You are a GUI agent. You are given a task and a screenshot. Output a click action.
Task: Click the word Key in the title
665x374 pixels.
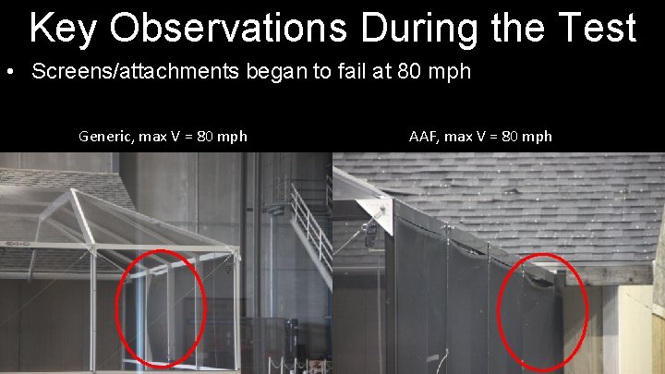point(64,28)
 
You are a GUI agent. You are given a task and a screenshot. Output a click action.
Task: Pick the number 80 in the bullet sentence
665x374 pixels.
point(413,72)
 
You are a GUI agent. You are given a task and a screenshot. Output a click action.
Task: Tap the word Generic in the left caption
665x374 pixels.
point(107,137)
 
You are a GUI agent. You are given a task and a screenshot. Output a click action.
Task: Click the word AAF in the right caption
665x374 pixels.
point(426,137)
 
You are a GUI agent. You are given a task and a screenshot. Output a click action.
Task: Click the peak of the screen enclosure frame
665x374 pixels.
point(70,193)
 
